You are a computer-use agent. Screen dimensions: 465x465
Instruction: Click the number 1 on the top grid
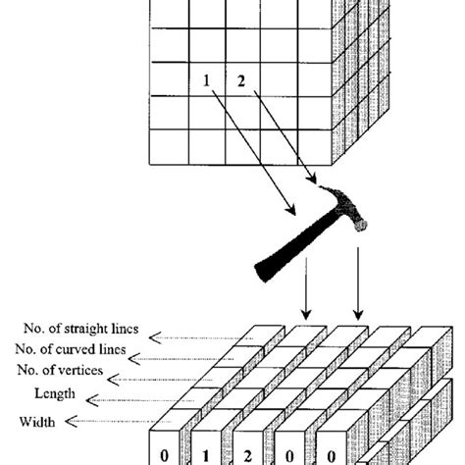pos(207,81)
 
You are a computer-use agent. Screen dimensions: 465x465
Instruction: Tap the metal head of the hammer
pos(338,210)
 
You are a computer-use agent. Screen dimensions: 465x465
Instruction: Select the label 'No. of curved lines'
pos(73,349)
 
